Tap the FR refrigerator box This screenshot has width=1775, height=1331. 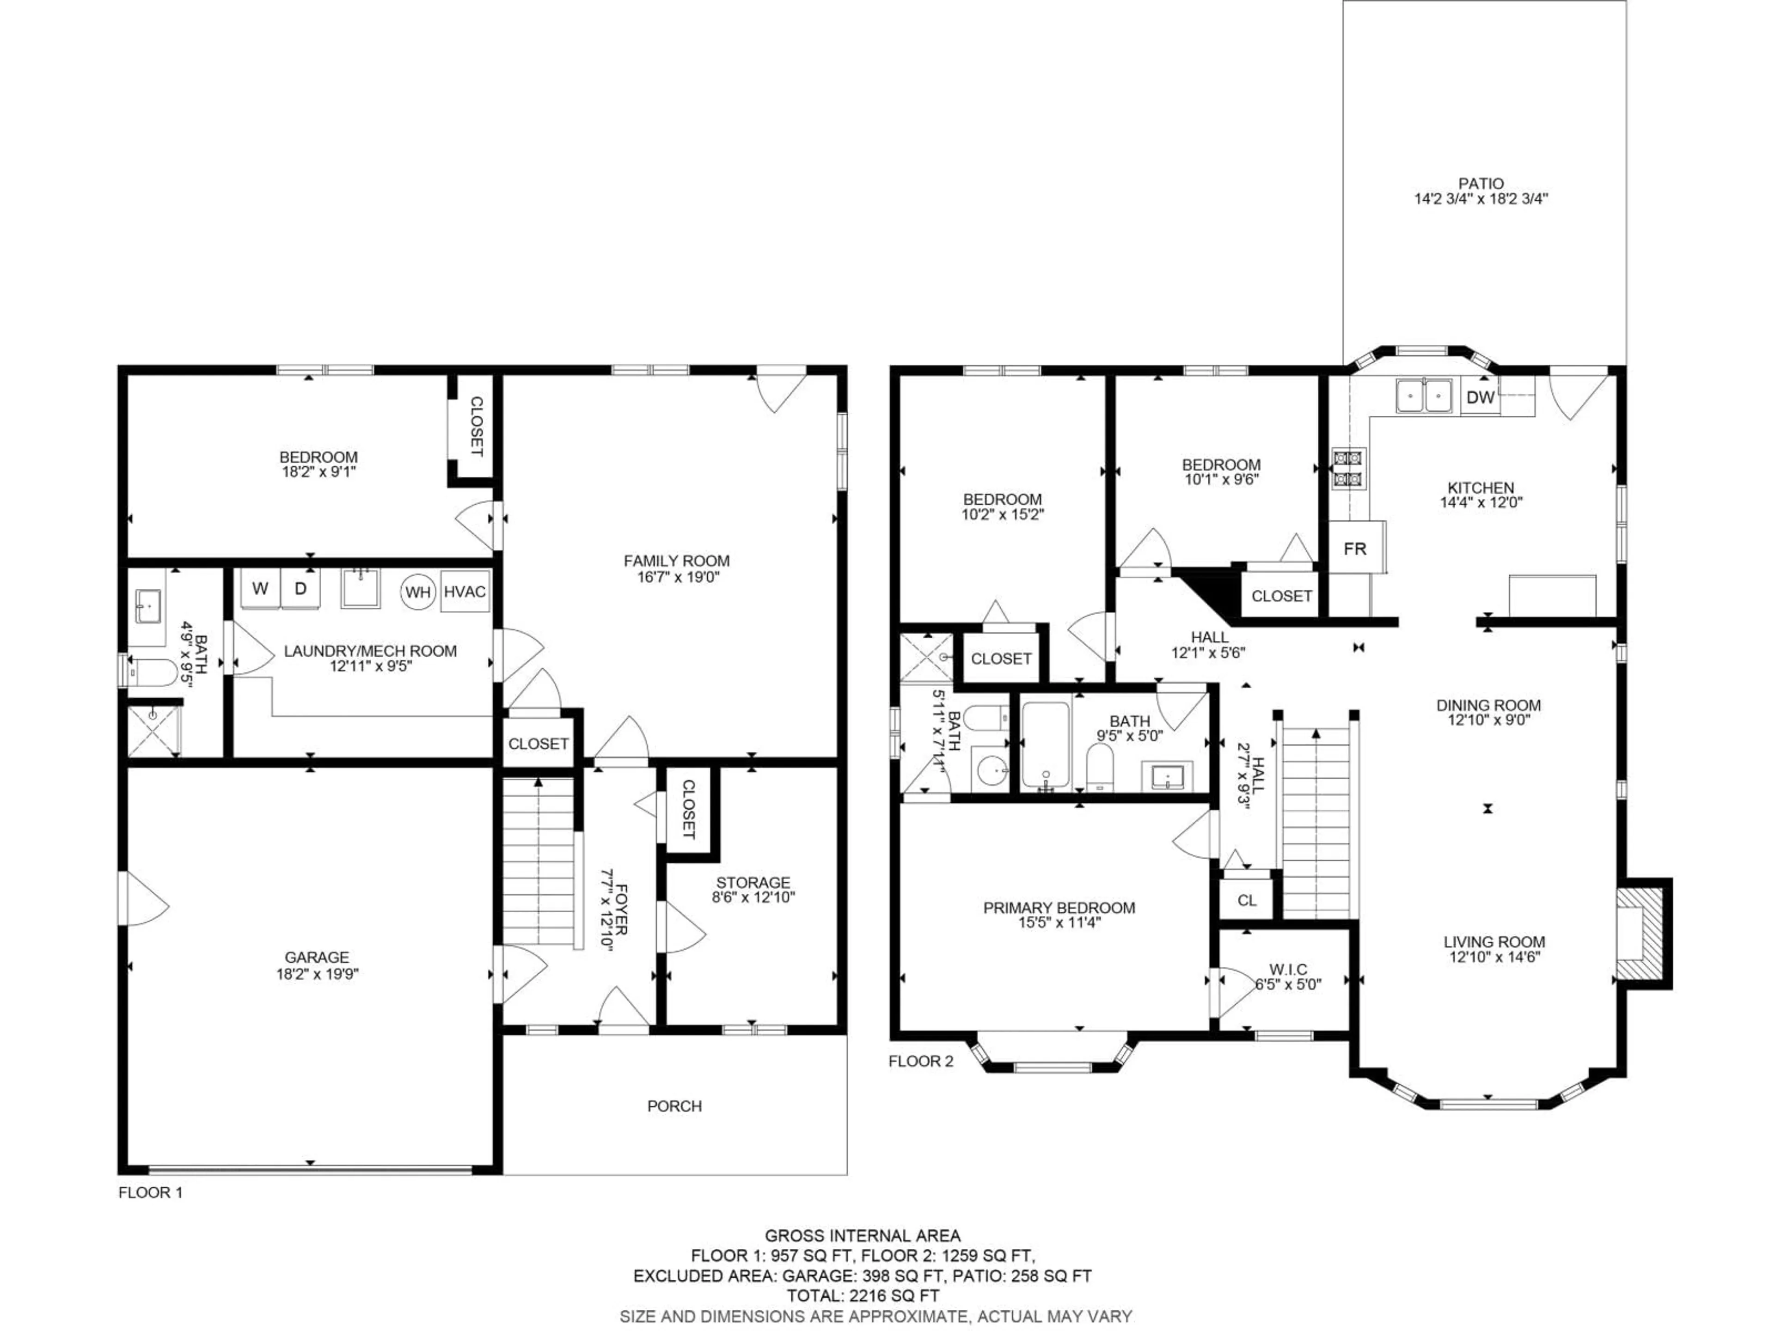pos(1355,549)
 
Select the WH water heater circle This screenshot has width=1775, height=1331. pos(417,592)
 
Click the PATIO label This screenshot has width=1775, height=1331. pos(1481,184)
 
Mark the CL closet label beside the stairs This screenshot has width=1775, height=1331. pos(1246,900)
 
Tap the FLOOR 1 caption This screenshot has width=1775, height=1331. pos(151,1193)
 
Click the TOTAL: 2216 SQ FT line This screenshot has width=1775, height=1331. pos(863,1295)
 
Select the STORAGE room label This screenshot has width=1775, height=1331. pos(753,883)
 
